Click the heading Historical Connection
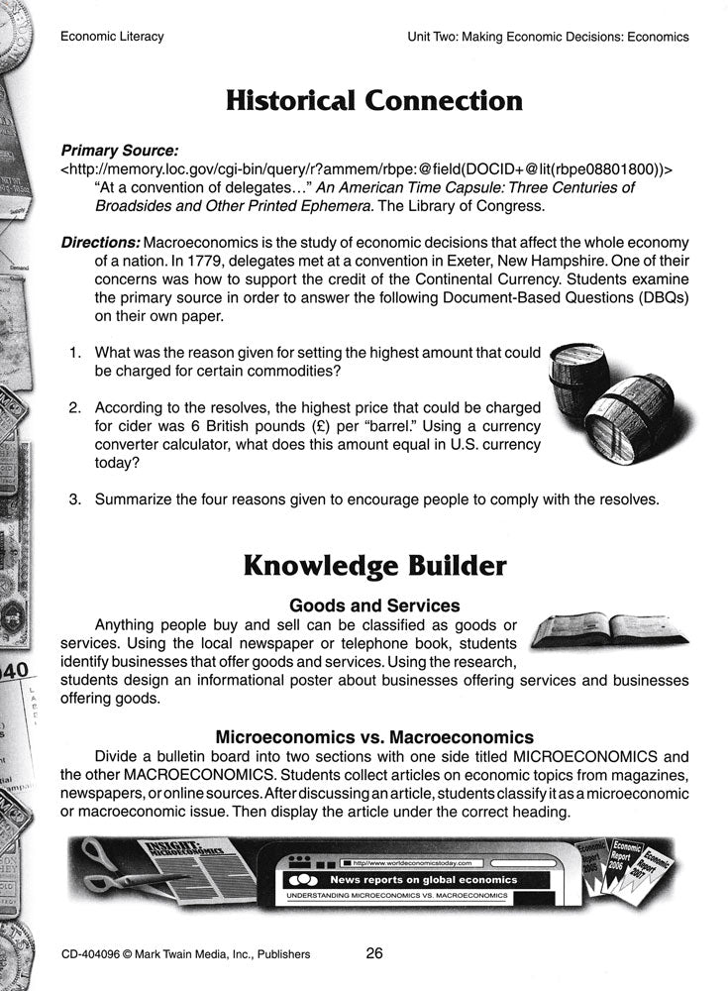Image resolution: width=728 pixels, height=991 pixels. tap(373, 100)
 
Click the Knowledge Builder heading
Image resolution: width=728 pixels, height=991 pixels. tap(373, 566)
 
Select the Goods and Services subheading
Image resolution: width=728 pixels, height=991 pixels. tap(373, 605)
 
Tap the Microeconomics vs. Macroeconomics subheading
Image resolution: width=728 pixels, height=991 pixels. tap(373, 737)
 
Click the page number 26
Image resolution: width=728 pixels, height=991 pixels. tap(373, 954)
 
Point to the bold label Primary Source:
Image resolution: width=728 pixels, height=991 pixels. tap(119, 152)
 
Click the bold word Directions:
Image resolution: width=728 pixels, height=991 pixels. tap(100, 243)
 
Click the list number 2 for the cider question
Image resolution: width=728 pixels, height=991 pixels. tap(73, 408)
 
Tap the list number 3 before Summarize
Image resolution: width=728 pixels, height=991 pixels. tap(73, 499)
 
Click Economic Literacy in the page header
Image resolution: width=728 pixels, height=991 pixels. tap(112, 37)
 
